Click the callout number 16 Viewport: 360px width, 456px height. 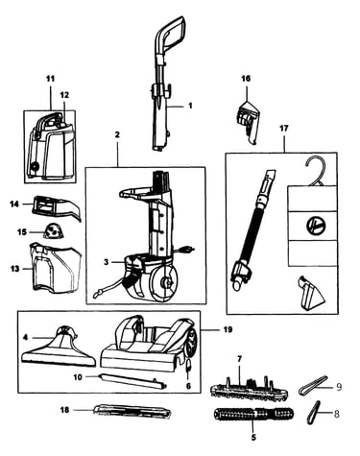point(246,79)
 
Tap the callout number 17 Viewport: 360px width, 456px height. point(284,129)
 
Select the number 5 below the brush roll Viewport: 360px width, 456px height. point(253,438)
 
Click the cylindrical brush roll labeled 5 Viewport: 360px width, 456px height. point(253,414)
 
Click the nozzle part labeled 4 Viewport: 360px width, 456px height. point(59,348)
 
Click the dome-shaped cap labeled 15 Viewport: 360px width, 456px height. point(53,231)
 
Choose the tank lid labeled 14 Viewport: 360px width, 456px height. point(57,207)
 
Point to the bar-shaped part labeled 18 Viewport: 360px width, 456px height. point(132,411)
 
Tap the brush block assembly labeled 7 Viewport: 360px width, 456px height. point(249,387)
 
